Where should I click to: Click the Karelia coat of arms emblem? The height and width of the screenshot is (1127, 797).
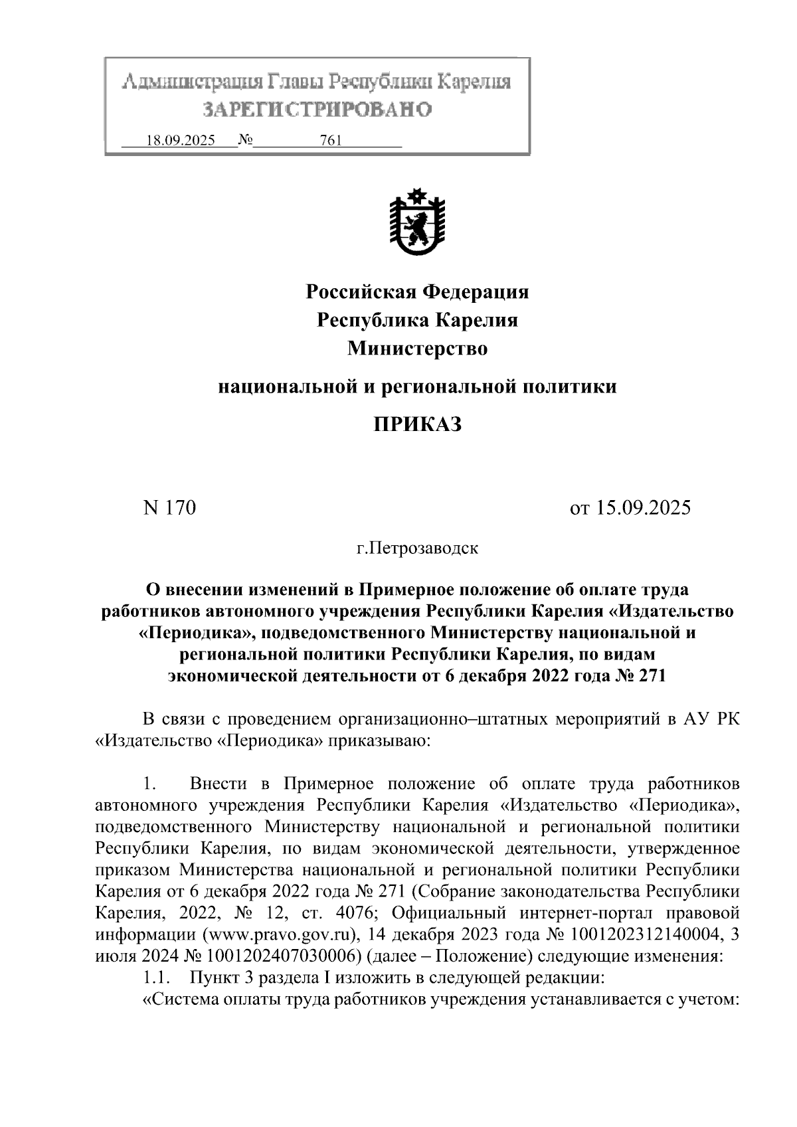tap(416, 223)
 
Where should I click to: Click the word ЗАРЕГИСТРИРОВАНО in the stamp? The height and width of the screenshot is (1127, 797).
tap(317, 109)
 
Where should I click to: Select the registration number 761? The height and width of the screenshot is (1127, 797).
tap(330, 141)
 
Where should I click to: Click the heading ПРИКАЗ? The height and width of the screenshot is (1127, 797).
tap(416, 424)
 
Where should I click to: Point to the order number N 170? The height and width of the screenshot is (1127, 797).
tap(170, 508)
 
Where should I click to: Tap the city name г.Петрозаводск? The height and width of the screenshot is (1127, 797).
tap(417, 549)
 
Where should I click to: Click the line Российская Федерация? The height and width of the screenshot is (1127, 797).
tap(416, 292)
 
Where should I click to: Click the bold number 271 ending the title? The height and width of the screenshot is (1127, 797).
tap(651, 676)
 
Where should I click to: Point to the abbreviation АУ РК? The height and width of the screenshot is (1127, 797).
tap(711, 719)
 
